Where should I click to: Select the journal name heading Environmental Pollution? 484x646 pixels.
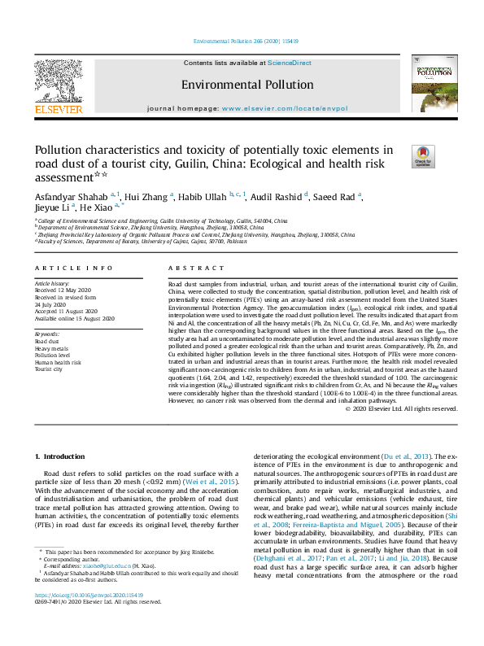tap(246, 85)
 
